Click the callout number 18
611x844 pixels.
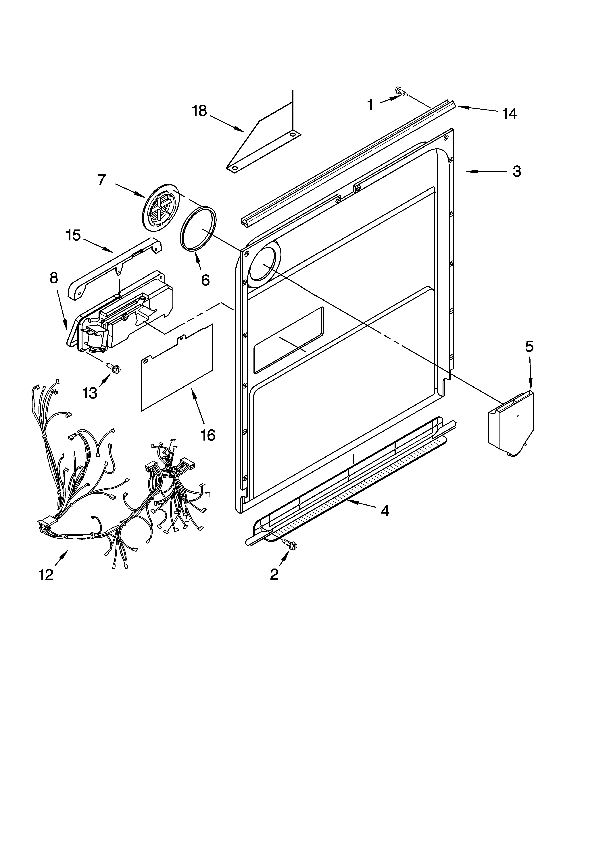199,111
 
